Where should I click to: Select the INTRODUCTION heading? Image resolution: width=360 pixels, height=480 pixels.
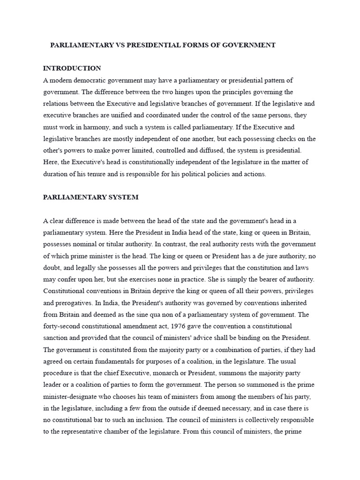coord(72,68)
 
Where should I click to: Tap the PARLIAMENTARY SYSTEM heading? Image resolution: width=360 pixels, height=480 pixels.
coord(90,197)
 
